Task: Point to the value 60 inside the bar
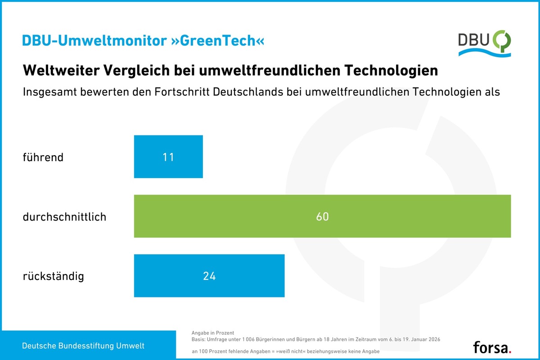coord(322,216)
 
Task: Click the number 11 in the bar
coord(168,157)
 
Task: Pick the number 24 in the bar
coord(209,276)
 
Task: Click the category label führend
coord(43,157)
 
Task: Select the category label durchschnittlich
coord(64,217)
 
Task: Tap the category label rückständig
coord(53,276)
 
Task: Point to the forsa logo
coord(492,347)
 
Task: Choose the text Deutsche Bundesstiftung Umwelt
coord(84,346)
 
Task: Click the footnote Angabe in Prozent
coord(213,333)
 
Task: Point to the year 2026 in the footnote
coord(431,339)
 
